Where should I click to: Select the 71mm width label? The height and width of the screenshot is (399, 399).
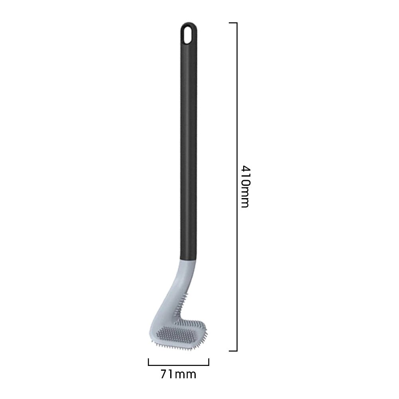point(179,374)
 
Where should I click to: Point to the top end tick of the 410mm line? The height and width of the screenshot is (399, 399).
point(233,23)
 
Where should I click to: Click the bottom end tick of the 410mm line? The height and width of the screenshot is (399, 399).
point(233,351)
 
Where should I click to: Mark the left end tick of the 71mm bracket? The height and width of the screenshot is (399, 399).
point(148,362)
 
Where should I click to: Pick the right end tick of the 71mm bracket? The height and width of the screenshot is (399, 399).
point(208,362)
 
